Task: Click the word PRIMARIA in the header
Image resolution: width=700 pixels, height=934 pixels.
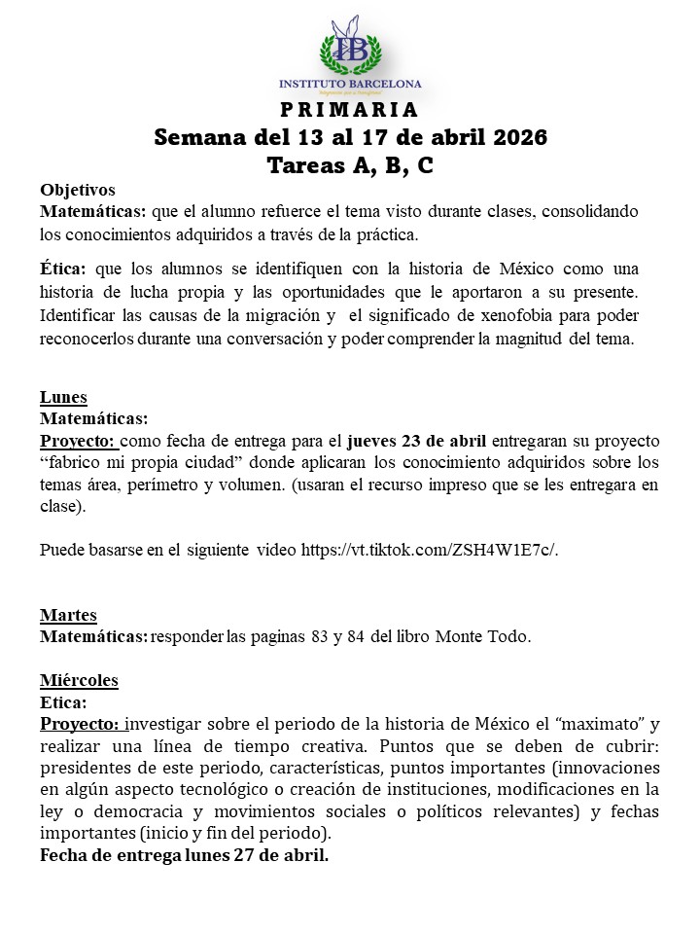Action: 349,109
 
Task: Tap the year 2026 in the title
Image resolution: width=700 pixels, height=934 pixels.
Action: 513,137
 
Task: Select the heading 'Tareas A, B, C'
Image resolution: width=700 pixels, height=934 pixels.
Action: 350,165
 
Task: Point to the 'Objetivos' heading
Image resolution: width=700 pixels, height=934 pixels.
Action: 78,190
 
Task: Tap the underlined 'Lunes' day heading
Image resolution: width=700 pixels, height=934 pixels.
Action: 63,397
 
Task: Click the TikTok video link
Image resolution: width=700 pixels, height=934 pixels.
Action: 429,550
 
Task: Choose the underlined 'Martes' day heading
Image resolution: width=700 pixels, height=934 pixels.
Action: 68,615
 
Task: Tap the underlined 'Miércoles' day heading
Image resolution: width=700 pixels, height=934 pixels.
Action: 79,680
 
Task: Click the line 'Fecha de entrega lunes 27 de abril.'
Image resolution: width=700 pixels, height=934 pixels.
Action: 184,856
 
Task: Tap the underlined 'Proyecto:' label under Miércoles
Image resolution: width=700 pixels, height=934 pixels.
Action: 81,724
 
